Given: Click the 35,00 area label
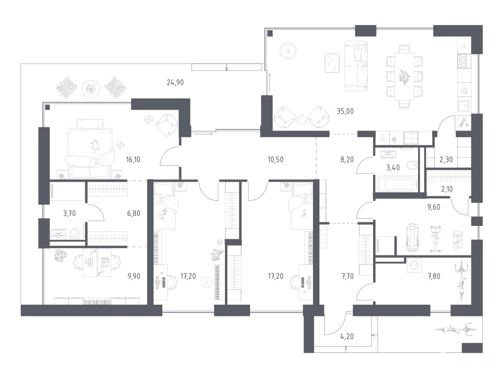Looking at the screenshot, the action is pos(345,111).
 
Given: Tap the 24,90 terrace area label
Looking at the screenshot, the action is pos(175,83).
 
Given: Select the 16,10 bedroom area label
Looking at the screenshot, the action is pos(133,159).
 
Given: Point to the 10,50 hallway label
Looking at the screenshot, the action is pos(276,159).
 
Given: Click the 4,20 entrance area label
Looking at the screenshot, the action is pos(347,337).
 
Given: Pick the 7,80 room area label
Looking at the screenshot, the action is pos(434,276).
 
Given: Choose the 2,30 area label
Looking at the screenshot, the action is pos(446,159).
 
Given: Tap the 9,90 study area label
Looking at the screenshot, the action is pos(134,276).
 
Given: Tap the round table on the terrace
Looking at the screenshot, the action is pos(91,89).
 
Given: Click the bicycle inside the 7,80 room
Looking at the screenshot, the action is pos(461,282).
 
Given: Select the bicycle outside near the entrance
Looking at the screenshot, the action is pos(456,329).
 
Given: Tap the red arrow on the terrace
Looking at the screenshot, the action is pos(226,67).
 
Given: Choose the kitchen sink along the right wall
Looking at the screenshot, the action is pos(464,106).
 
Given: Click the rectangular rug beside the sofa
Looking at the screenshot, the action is pos(332,63).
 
